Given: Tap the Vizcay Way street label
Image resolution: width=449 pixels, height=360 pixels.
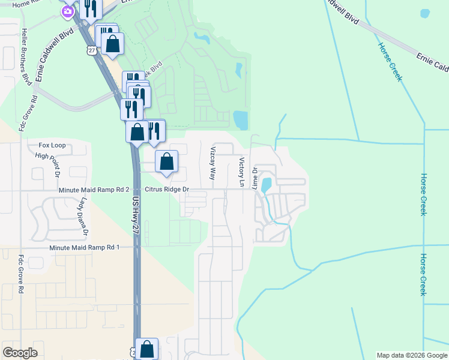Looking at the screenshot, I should click(x=212, y=163).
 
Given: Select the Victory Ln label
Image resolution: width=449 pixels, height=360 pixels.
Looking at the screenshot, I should click(x=242, y=172).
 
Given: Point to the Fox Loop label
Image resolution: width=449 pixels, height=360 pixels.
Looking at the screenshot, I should click(x=52, y=145).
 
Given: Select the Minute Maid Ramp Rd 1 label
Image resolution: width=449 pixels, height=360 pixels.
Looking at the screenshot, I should click(x=85, y=247).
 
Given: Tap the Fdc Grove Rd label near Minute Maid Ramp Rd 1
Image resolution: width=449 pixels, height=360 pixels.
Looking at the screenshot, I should click(x=20, y=274).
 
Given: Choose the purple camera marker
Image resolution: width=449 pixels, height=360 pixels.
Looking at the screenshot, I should click(x=68, y=10).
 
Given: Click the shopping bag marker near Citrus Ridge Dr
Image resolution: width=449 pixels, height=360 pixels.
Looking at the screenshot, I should click(x=167, y=161).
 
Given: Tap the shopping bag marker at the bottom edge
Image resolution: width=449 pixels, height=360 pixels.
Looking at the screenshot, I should click(x=146, y=349).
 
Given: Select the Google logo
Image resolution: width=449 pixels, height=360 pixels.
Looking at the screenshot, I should click(x=20, y=353).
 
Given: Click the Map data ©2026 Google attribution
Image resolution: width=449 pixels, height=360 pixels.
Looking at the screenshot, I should click(x=411, y=355).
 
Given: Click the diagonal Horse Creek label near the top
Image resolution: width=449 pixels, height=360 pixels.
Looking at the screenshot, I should click(x=390, y=62).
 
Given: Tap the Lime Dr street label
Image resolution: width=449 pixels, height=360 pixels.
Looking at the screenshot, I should click(x=256, y=178).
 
